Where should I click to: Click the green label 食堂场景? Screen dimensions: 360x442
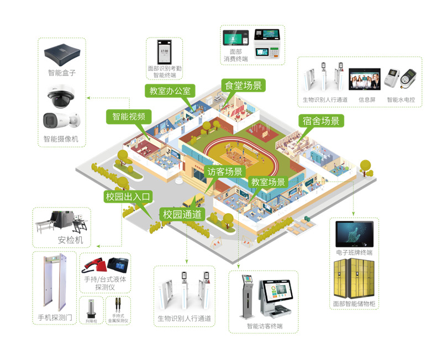coord(243,85)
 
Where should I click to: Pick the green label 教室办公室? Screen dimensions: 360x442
coord(170,91)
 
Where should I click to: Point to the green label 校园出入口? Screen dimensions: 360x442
coord(128,196)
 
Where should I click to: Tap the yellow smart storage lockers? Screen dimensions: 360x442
coord(354,279)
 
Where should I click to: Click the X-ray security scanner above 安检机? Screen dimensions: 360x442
coord(61,221)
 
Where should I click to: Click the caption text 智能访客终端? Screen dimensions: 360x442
coord(265,326)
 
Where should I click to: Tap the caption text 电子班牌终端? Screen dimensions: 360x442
coord(354,252)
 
